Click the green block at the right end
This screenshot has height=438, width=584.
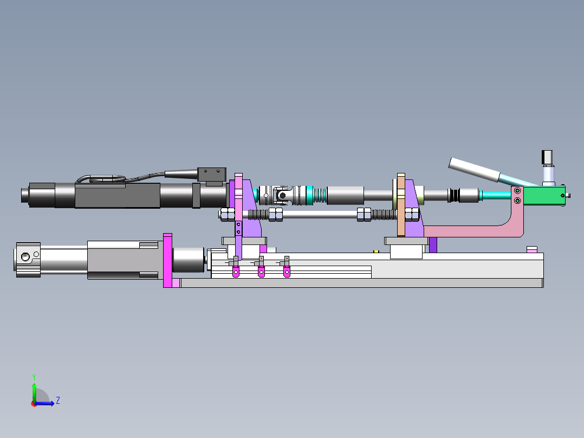(x=544, y=196)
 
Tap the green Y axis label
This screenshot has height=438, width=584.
(x=34, y=377)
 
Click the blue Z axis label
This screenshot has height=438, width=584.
(x=58, y=401)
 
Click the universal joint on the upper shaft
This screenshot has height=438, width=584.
(x=282, y=195)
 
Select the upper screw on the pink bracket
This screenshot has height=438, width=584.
(x=517, y=191)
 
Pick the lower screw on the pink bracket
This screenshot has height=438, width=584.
(x=517, y=201)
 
